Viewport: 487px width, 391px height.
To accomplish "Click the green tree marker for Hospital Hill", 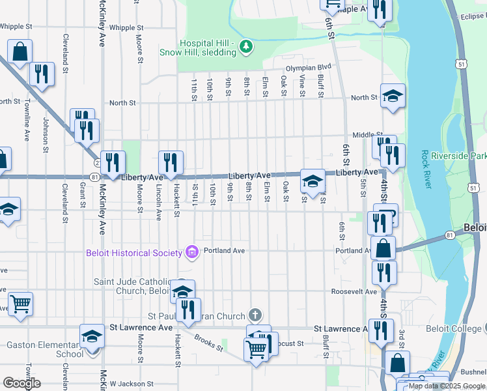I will [245, 46].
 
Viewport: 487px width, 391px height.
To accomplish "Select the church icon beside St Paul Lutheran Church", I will [255, 315].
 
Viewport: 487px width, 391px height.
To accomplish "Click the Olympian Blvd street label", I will [308, 67].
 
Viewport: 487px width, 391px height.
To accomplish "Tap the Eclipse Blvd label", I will [472, 17].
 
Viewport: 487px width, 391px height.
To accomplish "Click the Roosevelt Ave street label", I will [354, 291].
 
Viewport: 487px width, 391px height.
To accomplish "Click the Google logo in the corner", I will [21, 383].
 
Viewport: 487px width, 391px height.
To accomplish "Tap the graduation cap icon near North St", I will [393, 96].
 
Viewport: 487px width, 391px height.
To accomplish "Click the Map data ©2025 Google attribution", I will [446, 386].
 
